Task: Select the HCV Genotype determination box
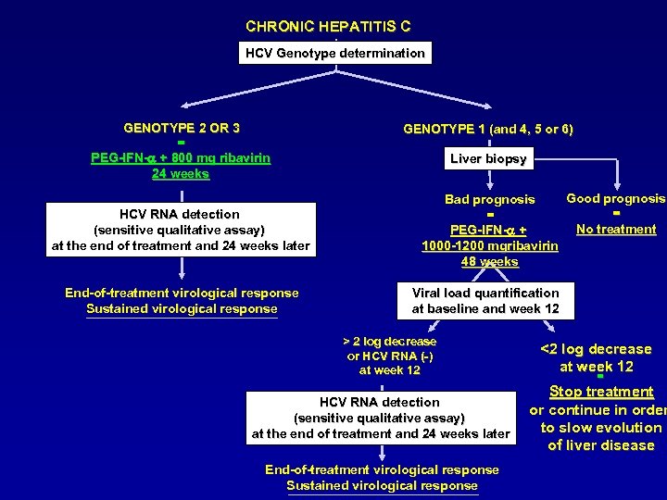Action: click(x=334, y=54)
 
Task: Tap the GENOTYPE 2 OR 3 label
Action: click(x=182, y=128)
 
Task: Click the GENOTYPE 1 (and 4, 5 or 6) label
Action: click(x=487, y=130)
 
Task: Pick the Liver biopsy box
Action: click(x=488, y=159)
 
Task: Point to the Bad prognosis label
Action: click(x=489, y=199)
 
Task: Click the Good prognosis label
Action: click(x=615, y=198)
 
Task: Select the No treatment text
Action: click(x=615, y=229)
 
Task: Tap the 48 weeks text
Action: click(x=489, y=262)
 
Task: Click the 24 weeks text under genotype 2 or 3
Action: click(x=181, y=173)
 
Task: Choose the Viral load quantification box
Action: click(x=485, y=300)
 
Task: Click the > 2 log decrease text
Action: click(x=389, y=342)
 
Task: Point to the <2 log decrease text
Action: click(x=596, y=349)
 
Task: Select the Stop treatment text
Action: click(x=601, y=392)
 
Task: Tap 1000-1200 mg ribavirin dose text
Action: click(x=489, y=246)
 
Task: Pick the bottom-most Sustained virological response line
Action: click(x=382, y=485)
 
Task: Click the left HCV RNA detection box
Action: click(x=180, y=230)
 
